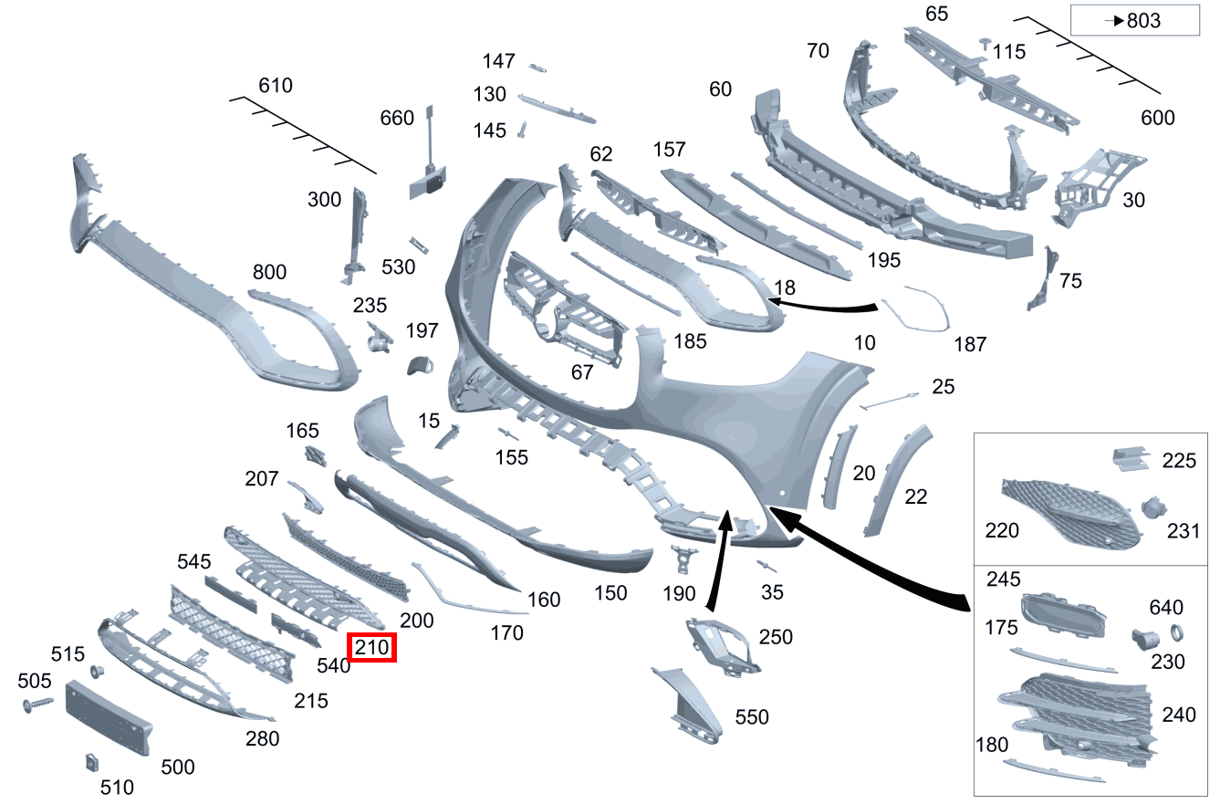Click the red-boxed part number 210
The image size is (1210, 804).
(x=371, y=647)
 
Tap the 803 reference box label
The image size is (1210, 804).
(x=1135, y=20)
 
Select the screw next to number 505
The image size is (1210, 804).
(x=37, y=704)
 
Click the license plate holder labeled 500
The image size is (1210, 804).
(x=108, y=717)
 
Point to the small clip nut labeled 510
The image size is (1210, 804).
(x=92, y=762)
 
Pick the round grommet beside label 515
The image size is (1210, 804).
(x=98, y=673)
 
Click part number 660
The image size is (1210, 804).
(x=397, y=118)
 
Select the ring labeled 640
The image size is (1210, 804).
(x=1176, y=632)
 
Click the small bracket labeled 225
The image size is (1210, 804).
(x=1131, y=458)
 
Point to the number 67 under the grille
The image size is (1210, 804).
(x=582, y=372)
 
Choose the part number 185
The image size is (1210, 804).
(x=690, y=341)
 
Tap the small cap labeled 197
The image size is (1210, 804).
(x=420, y=366)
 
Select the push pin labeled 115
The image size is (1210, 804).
(x=986, y=44)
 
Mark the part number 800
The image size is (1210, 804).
(x=269, y=272)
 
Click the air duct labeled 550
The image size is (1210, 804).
(x=689, y=705)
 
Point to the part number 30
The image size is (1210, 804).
(x=1133, y=200)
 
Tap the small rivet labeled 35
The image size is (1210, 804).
(x=767, y=566)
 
